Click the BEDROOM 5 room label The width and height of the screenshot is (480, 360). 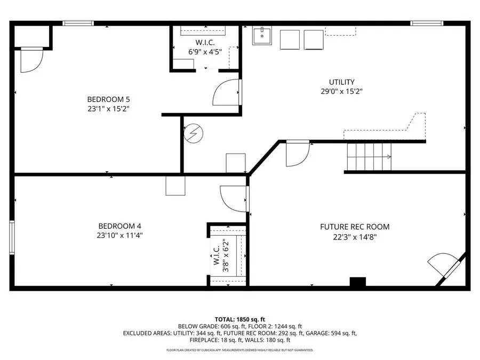click(108, 100)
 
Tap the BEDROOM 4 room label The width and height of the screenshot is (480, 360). click(119, 226)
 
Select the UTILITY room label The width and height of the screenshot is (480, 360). click(342, 82)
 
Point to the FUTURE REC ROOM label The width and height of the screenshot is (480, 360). click(355, 227)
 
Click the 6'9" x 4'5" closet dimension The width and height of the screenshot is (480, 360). click(205, 52)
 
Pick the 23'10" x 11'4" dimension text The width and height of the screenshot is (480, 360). click(119, 235)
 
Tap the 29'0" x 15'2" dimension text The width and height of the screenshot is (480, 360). click(342, 91)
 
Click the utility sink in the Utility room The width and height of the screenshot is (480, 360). click(262, 36)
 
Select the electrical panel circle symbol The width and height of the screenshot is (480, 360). click(194, 133)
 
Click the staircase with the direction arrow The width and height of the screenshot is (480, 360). click(369, 157)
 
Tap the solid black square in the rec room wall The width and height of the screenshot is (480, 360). click(358, 282)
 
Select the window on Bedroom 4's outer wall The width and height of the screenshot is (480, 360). click(12, 237)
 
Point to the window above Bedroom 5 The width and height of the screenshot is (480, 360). click(78, 23)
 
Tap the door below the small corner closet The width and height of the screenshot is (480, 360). click(32, 60)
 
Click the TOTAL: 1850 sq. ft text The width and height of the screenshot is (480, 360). click(239, 319)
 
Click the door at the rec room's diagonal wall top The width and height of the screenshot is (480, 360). click(298, 154)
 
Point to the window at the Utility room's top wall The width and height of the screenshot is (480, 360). click(427, 23)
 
